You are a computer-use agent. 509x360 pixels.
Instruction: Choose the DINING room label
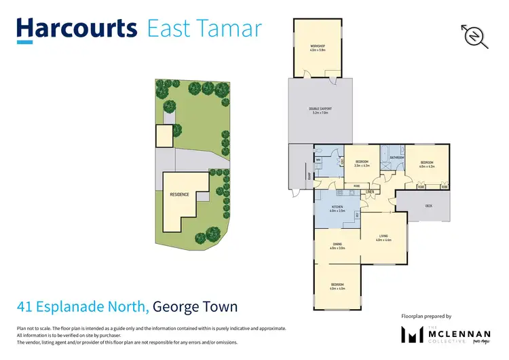(337, 246)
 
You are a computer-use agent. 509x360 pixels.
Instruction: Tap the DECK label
(428, 206)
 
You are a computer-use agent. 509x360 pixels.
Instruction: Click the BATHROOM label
(397, 158)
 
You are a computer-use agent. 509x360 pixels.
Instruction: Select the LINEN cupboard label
(370, 192)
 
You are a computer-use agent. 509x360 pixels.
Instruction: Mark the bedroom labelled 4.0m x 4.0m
(337, 286)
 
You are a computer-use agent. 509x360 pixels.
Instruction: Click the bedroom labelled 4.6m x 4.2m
(427, 163)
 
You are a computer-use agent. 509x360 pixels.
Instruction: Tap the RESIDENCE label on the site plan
(180, 194)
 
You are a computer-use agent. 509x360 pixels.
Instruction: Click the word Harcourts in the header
(76, 29)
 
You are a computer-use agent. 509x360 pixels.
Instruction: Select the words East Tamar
(204, 29)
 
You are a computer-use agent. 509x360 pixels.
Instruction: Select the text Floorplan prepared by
(426, 316)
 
